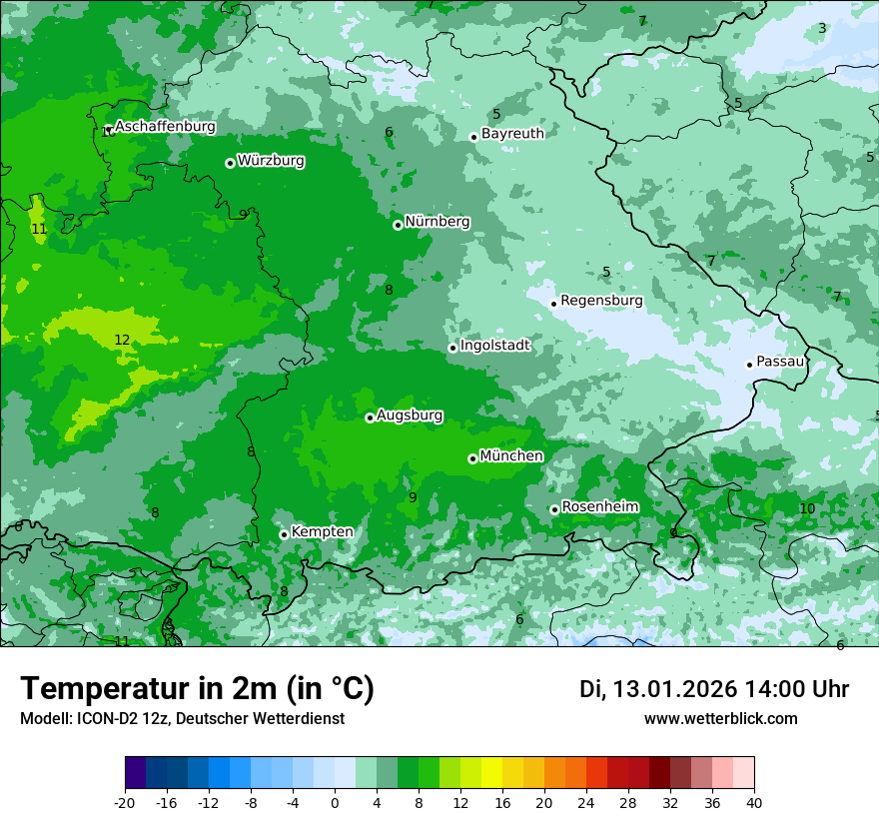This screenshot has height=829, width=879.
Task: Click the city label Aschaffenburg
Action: click(165, 127)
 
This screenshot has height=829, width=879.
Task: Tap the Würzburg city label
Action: click(271, 161)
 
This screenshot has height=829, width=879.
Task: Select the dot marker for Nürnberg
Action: click(398, 225)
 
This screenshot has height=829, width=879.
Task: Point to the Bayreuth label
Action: click(512, 134)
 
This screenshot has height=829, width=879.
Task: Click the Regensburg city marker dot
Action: click(553, 304)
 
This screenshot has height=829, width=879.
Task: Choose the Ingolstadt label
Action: click(494, 346)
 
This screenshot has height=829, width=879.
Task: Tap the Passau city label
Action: click(780, 362)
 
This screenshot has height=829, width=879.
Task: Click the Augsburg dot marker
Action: click(370, 417)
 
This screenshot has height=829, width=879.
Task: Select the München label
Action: click(511, 456)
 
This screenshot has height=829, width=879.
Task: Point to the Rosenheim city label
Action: click(599, 507)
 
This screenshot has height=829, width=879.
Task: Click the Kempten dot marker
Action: click(284, 534)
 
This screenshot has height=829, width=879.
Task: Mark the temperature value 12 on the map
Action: click(122, 341)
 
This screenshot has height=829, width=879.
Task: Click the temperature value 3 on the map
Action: click(822, 28)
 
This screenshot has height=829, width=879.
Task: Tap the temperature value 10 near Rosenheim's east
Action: click(807, 509)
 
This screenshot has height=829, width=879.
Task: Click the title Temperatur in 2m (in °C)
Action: click(197, 688)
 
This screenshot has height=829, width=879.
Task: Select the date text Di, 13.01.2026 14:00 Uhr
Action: click(714, 689)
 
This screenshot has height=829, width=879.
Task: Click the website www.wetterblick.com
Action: click(720, 719)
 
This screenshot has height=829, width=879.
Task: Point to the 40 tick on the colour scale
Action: click(754, 803)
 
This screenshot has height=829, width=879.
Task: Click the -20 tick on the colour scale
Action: click(125, 803)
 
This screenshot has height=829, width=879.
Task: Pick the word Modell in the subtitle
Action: click(43, 719)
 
